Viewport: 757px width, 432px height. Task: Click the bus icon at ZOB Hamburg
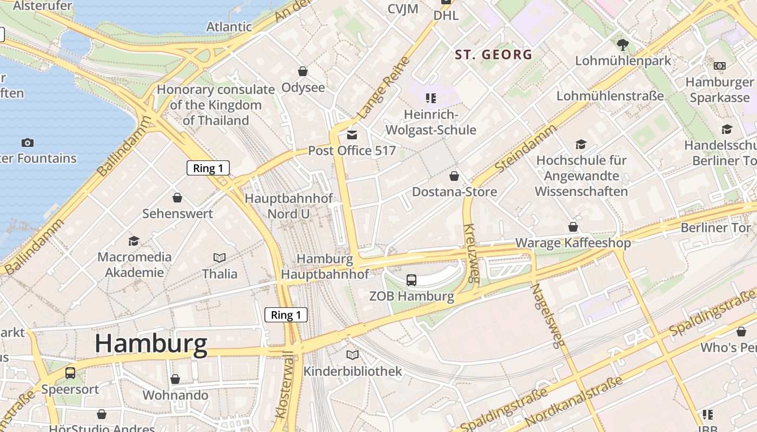[x=411, y=280]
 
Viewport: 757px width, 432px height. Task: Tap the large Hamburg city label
[x=151, y=344]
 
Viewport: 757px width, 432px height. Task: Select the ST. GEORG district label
[x=493, y=55]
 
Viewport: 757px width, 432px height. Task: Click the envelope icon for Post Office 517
[x=352, y=134]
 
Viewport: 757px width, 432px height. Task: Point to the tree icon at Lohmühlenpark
[x=622, y=44]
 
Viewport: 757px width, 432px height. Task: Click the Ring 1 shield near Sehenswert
[x=208, y=168]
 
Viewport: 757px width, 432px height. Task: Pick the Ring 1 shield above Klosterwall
[x=285, y=315]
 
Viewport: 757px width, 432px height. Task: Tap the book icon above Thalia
[x=220, y=258]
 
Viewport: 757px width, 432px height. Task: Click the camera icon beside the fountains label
[x=28, y=143]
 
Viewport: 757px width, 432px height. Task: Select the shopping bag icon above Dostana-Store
[x=454, y=176]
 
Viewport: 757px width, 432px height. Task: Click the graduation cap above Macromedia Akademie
[x=134, y=241]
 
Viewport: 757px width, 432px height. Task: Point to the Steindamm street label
[x=525, y=149]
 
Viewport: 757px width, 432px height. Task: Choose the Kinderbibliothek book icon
[x=352, y=355]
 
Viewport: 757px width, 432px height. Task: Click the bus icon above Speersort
[x=70, y=373]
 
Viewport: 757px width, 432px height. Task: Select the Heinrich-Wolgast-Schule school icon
[x=430, y=98]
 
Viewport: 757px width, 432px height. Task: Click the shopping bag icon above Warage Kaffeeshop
[x=573, y=227]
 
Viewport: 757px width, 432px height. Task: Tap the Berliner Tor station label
[x=715, y=227]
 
